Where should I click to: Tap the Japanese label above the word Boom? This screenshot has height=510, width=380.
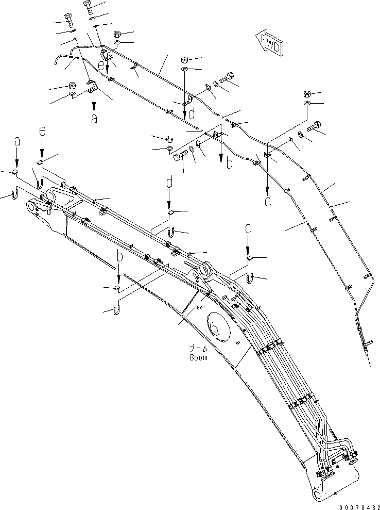(x=198, y=349)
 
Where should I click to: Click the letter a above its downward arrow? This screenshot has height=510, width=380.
(x=17, y=140)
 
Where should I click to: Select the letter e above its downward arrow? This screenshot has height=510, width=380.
(x=42, y=132)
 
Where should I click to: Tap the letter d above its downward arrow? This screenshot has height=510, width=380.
(x=169, y=182)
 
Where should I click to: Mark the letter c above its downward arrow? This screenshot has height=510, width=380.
(x=248, y=227)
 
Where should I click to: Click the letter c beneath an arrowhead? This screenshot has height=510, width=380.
(x=267, y=201)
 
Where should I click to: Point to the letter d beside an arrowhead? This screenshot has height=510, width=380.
(x=192, y=113)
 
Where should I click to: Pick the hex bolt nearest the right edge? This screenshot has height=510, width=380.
(x=315, y=125)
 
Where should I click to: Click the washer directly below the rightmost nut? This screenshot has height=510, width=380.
(x=307, y=104)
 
